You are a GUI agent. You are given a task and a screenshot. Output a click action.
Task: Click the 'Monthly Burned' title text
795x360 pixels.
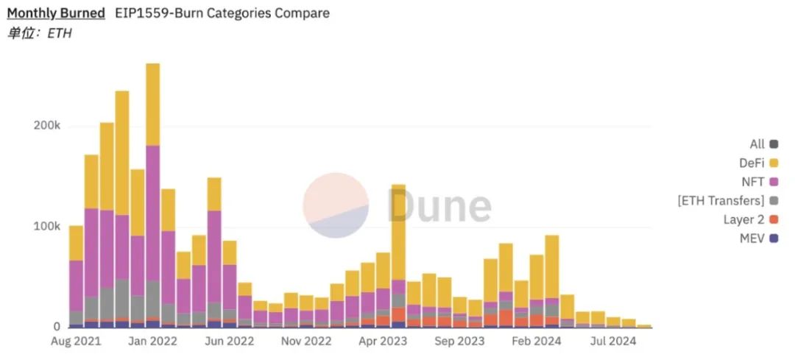[56, 13]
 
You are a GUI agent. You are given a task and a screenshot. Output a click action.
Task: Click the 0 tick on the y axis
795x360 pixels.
[56, 327]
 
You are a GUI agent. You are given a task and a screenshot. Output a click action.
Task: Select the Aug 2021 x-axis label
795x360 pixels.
[75, 342]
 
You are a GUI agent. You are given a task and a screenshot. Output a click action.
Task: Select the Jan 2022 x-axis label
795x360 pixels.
[152, 342]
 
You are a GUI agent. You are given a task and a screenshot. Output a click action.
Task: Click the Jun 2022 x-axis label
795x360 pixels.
[230, 342]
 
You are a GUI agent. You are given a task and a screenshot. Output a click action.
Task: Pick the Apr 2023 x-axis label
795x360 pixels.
[384, 342]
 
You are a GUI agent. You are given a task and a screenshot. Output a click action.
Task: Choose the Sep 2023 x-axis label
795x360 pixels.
[460, 342]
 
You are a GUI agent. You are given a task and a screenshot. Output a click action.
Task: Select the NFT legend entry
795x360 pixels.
[755, 182]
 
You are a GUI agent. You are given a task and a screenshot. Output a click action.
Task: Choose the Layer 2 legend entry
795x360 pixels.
[744, 219]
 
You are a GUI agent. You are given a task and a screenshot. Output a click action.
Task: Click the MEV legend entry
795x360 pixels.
[753, 238]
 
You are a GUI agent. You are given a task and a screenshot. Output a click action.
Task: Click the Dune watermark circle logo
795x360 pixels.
[336, 205]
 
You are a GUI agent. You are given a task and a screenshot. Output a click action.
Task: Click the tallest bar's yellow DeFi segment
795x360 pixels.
[153, 104]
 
